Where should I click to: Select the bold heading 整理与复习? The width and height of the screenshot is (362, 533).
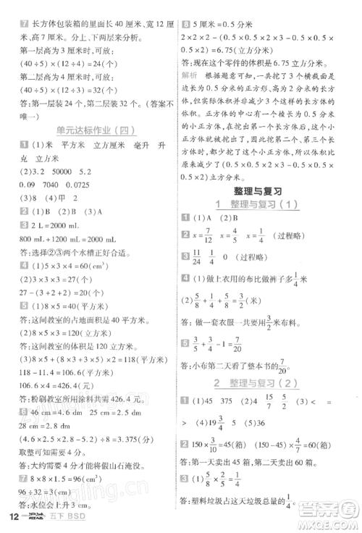(269, 192)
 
